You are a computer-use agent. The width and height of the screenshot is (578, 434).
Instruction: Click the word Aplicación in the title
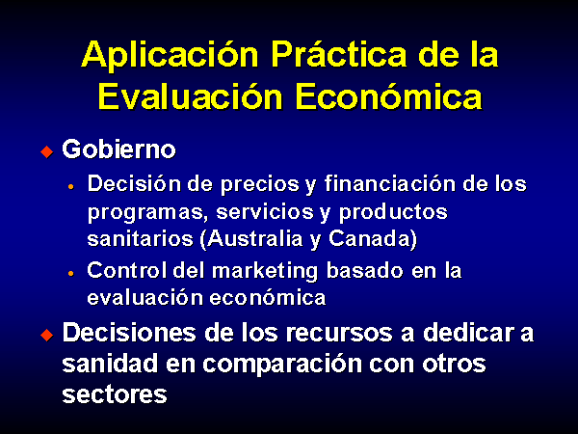point(170,55)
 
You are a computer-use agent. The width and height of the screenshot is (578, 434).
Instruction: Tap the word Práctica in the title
point(339,54)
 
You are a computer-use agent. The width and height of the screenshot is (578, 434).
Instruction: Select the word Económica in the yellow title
point(389,95)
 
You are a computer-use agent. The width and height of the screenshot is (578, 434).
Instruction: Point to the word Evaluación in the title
point(190,95)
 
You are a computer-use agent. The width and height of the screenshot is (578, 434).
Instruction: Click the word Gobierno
point(118,149)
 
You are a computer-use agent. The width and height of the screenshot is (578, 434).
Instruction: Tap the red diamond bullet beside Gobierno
point(47,151)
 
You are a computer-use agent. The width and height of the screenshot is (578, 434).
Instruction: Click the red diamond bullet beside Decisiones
point(47,335)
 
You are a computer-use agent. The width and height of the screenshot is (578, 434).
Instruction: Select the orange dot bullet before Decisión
point(71,187)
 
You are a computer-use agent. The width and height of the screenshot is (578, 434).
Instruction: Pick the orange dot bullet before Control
point(71,274)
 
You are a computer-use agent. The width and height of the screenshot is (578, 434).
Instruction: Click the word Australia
point(254,239)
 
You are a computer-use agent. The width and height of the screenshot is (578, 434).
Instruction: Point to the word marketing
point(266,271)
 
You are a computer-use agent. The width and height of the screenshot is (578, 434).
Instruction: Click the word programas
point(145,213)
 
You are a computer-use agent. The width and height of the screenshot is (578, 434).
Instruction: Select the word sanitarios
point(141,239)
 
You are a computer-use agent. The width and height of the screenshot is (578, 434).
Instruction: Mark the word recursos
point(339,333)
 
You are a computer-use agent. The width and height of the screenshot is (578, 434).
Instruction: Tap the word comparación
point(282,365)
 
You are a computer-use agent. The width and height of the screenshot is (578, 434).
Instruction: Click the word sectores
point(115,394)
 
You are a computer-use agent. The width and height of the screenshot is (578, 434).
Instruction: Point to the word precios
point(260,184)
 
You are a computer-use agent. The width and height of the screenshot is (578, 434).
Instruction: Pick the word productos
point(393,213)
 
